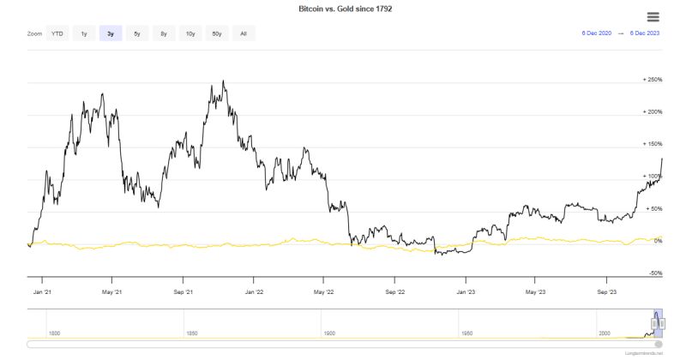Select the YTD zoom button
click(57, 33)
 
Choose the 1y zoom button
click(83, 33)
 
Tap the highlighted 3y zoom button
click(110, 33)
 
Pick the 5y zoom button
click(136, 33)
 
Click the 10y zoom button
click(190, 33)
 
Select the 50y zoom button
click(217, 33)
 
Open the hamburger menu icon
click(653, 16)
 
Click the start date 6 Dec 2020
click(596, 33)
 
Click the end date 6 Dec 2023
click(644, 33)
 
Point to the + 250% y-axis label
click(653, 80)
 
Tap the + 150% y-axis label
click(653, 144)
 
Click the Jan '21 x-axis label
click(43, 291)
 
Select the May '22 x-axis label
click(323, 291)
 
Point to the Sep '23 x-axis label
click(606, 291)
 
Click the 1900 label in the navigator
click(329, 333)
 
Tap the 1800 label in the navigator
click(53, 333)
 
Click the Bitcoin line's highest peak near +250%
click(223, 82)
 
